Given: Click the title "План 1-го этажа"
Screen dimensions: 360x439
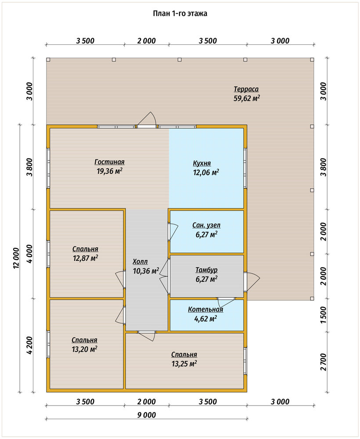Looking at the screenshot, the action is pos(180,14).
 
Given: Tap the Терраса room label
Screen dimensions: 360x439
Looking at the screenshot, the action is pos(246,89).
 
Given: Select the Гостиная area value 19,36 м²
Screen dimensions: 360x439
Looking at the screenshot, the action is pos(109,171).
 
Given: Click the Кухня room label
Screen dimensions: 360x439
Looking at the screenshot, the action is pos(202,163).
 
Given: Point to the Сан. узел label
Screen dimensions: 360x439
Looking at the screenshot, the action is pos(206,225).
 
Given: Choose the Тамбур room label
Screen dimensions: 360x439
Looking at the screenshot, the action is pos(206,270).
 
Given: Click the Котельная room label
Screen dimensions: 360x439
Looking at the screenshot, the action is pos(205,309).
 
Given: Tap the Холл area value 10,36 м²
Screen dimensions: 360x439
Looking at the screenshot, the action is pos(146,271).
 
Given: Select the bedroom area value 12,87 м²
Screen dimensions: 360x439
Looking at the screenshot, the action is pos(85,258).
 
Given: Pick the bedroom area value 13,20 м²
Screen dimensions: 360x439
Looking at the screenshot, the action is pos(85,349).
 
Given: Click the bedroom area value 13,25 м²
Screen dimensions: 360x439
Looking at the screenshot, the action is pos(184,363).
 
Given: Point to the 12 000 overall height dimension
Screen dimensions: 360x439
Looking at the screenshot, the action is pos(16,258).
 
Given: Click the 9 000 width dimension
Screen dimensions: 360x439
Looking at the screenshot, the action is pos(147,415).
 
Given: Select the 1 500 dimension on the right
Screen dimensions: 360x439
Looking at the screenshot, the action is pos(323,315).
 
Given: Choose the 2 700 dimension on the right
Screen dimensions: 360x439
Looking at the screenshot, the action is pos(323,362).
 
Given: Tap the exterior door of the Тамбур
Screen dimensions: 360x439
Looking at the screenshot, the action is pos(252,281).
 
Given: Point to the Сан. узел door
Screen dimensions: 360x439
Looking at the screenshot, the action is pos(173,231).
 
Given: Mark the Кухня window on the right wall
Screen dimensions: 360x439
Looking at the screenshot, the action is pos(245,168).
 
